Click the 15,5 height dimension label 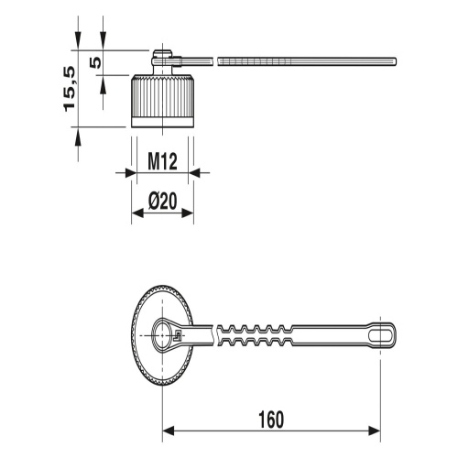70,89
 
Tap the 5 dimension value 95,62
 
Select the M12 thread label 162,161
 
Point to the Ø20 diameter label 163,202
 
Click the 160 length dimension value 271,420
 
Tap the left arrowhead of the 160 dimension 168,431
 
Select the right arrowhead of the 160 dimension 375,431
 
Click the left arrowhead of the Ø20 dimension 137,213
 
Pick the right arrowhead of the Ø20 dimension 188,213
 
